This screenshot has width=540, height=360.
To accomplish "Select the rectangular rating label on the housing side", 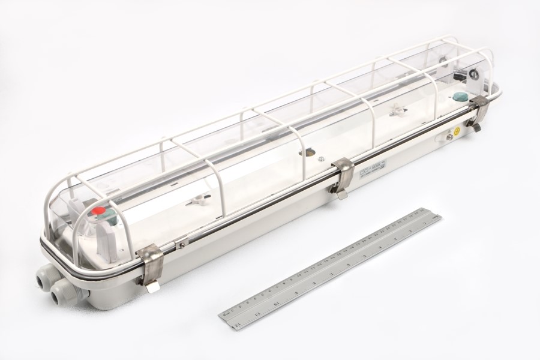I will click(373, 174).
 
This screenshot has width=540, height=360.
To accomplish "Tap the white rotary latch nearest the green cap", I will click(396, 110).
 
